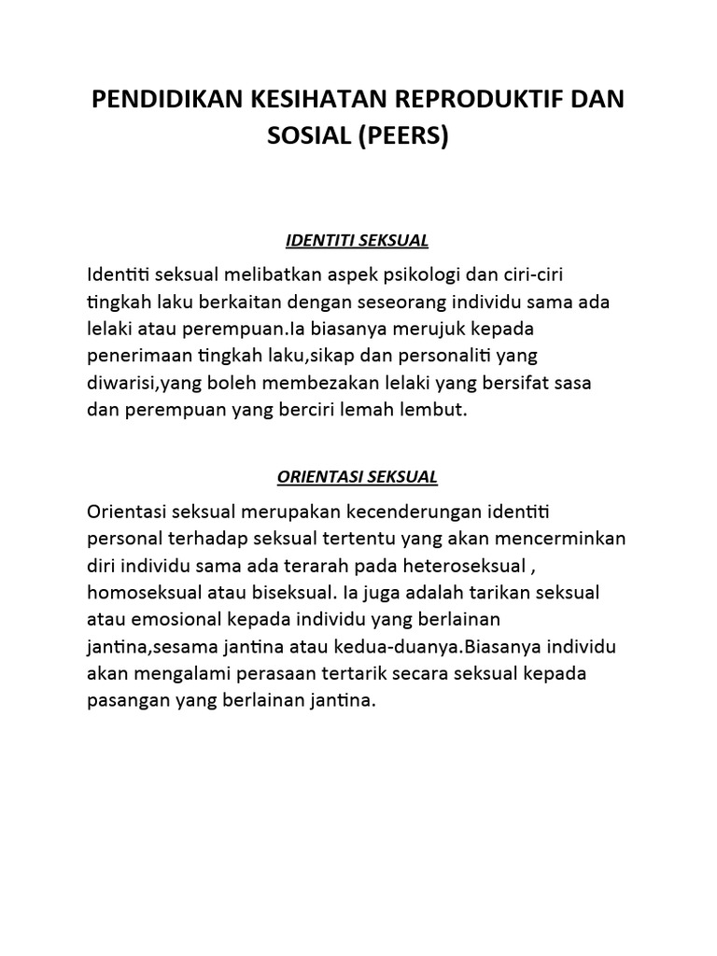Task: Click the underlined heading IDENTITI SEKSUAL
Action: pyautogui.click(x=357, y=241)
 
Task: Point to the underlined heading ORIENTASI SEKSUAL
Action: pyautogui.click(x=358, y=477)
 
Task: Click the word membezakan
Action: pyautogui.click(x=344, y=384)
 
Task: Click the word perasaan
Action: pyautogui.click(x=294, y=674)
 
